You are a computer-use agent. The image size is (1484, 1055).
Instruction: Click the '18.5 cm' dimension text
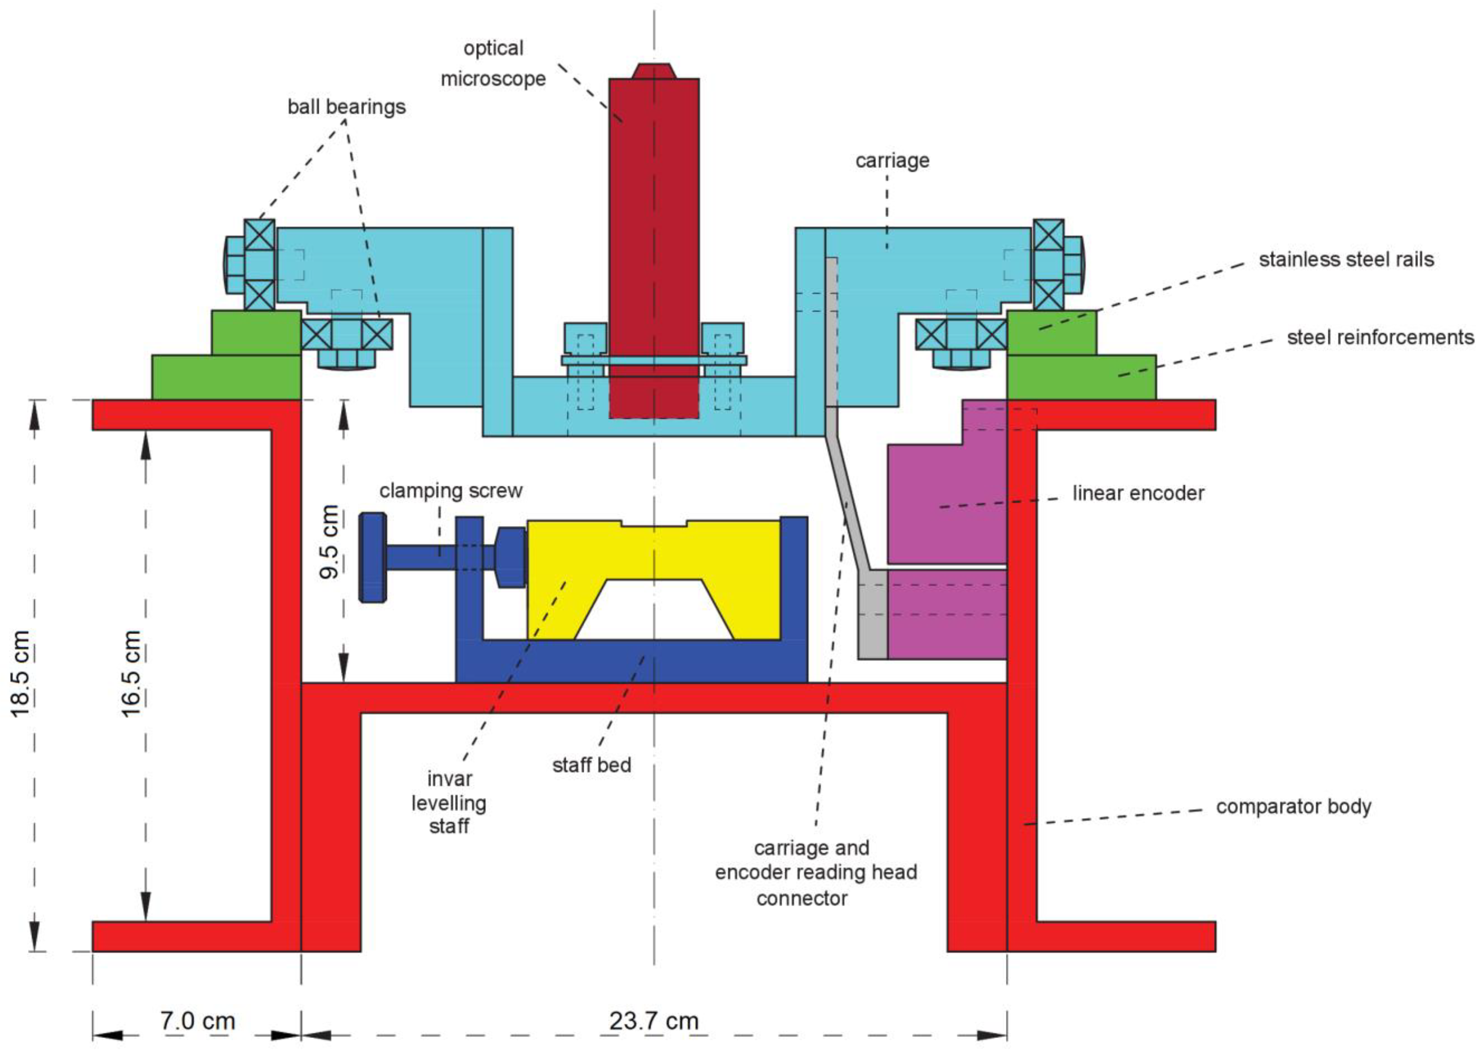coord(21,673)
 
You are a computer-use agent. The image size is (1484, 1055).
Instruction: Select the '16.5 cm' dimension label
coord(132,673)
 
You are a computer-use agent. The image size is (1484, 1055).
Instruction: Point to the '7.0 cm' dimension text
coord(197,1021)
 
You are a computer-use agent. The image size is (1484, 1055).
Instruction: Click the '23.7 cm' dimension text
coord(653,1021)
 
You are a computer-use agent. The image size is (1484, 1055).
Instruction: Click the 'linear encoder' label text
coord(1138,493)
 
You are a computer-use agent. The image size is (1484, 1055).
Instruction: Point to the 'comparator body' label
coord(1293,807)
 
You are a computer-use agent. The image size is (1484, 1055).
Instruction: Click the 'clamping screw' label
coord(451,491)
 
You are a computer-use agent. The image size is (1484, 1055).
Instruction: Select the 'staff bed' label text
coord(591,765)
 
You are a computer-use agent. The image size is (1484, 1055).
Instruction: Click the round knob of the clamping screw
coord(373,557)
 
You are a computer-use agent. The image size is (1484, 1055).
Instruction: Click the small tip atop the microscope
coord(653,70)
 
